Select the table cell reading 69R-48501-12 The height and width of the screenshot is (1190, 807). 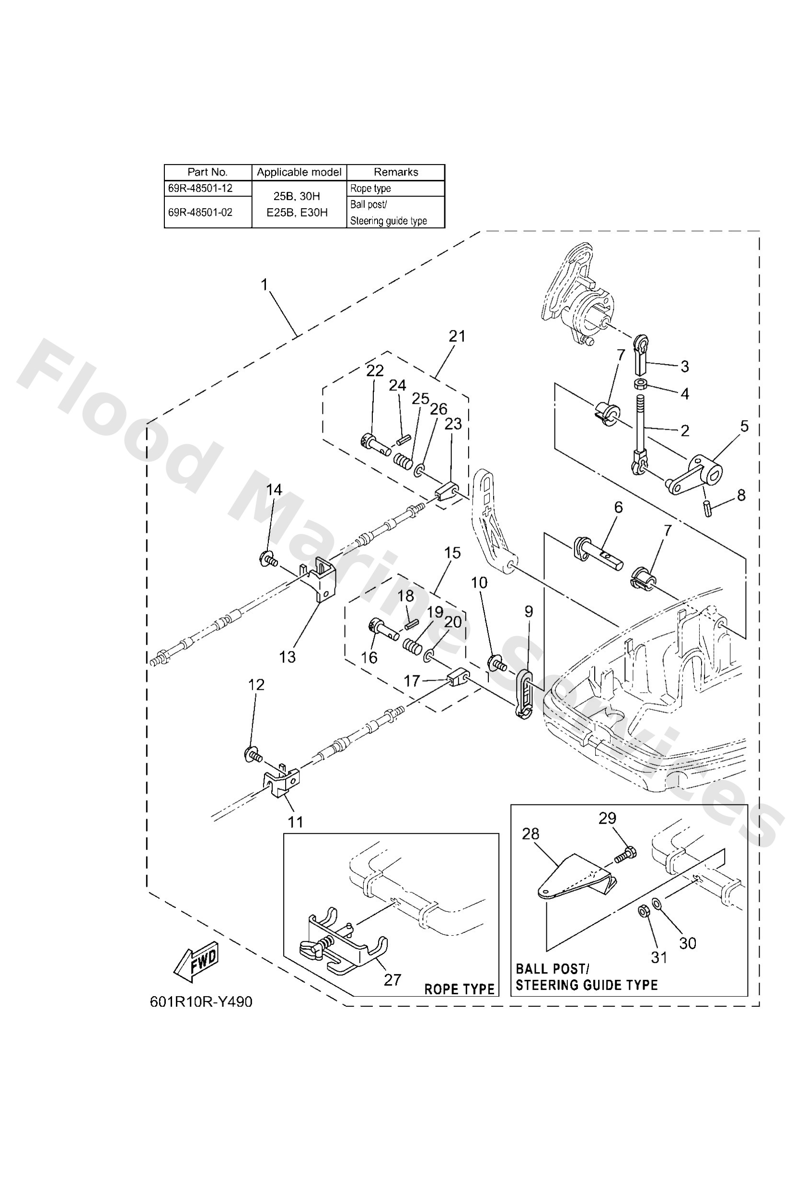point(201,188)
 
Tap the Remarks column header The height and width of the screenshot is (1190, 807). point(395,172)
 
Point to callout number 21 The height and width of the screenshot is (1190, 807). point(457,336)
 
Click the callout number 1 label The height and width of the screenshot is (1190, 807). point(264,284)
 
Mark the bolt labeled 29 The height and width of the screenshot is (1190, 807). point(625,854)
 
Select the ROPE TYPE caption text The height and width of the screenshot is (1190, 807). point(459,990)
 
